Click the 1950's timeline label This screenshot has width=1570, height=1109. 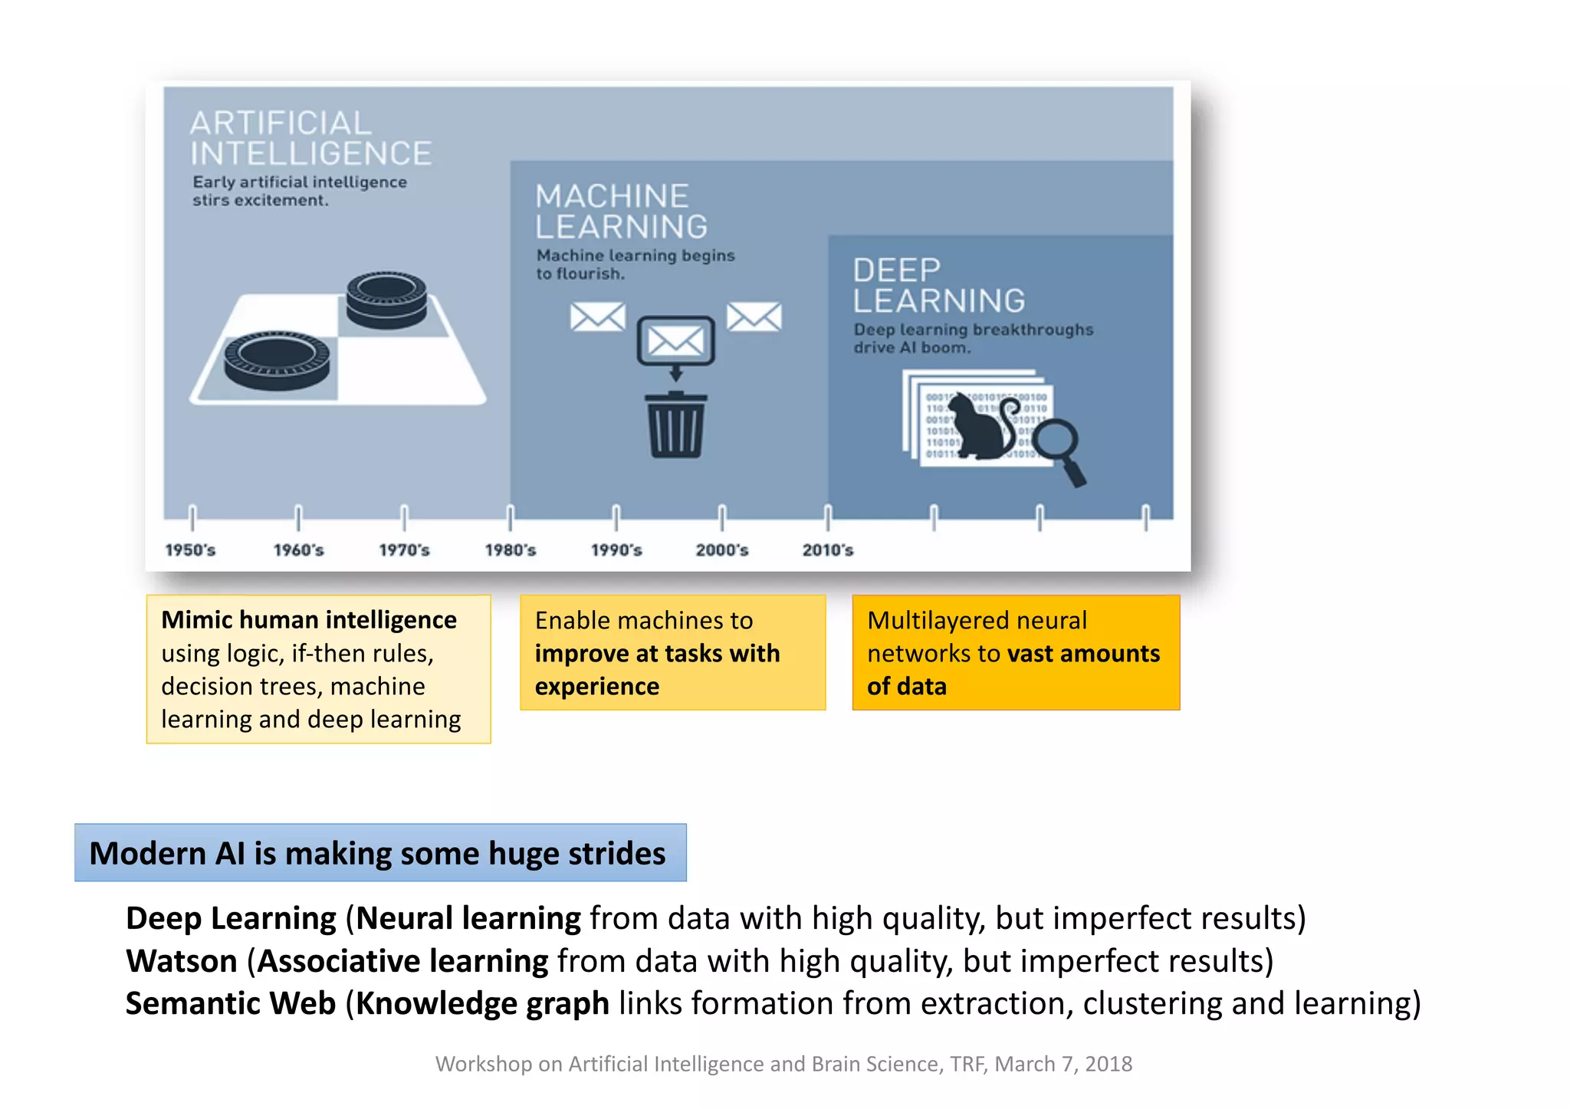[190, 550]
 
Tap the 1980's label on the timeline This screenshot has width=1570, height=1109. [510, 550]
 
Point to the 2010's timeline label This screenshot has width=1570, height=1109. [827, 550]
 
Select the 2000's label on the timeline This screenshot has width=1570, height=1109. [721, 550]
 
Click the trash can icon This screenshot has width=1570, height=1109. [675, 425]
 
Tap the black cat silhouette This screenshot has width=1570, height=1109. [982, 429]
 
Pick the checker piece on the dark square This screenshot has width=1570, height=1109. [386, 300]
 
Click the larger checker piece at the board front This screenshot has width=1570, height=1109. [277, 360]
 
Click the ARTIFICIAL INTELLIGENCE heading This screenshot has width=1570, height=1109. [310, 139]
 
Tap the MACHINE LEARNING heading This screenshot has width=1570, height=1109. [621, 212]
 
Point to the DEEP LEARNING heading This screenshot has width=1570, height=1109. [938, 286]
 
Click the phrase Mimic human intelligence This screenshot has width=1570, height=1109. [309, 619]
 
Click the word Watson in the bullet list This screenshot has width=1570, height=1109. [182, 961]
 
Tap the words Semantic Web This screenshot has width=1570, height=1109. [231, 1004]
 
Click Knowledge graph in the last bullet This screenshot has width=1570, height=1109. [483, 1004]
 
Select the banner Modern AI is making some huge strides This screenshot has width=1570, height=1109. [380, 853]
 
